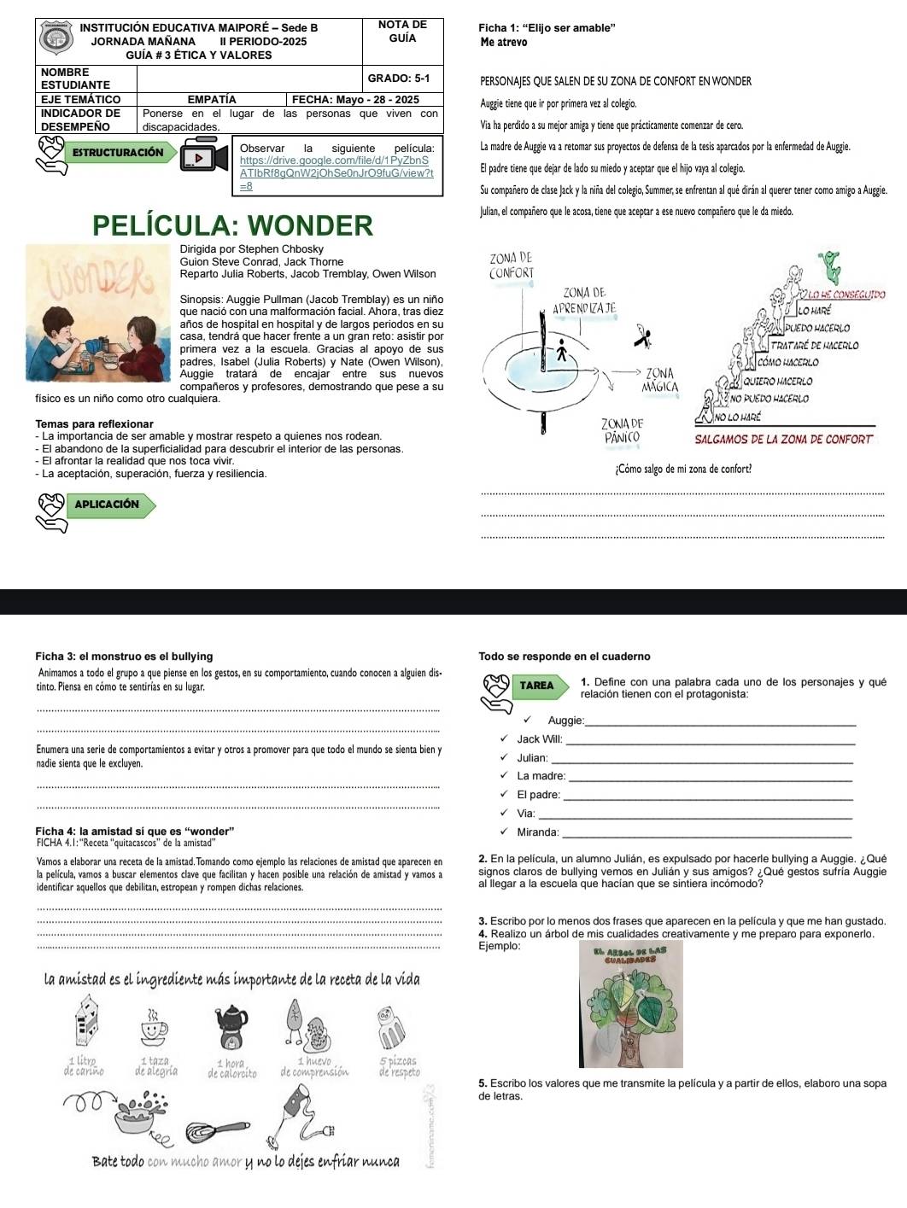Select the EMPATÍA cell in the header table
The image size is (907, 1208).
[x=212, y=100]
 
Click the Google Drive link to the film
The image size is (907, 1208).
[x=337, y=166]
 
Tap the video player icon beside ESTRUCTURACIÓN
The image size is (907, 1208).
[x=204, y=157]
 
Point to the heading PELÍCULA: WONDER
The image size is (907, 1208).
[x=233, y=225]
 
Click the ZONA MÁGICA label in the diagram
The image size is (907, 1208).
[x=661, y=380]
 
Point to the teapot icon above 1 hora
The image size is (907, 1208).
[x=229, y=1022]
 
